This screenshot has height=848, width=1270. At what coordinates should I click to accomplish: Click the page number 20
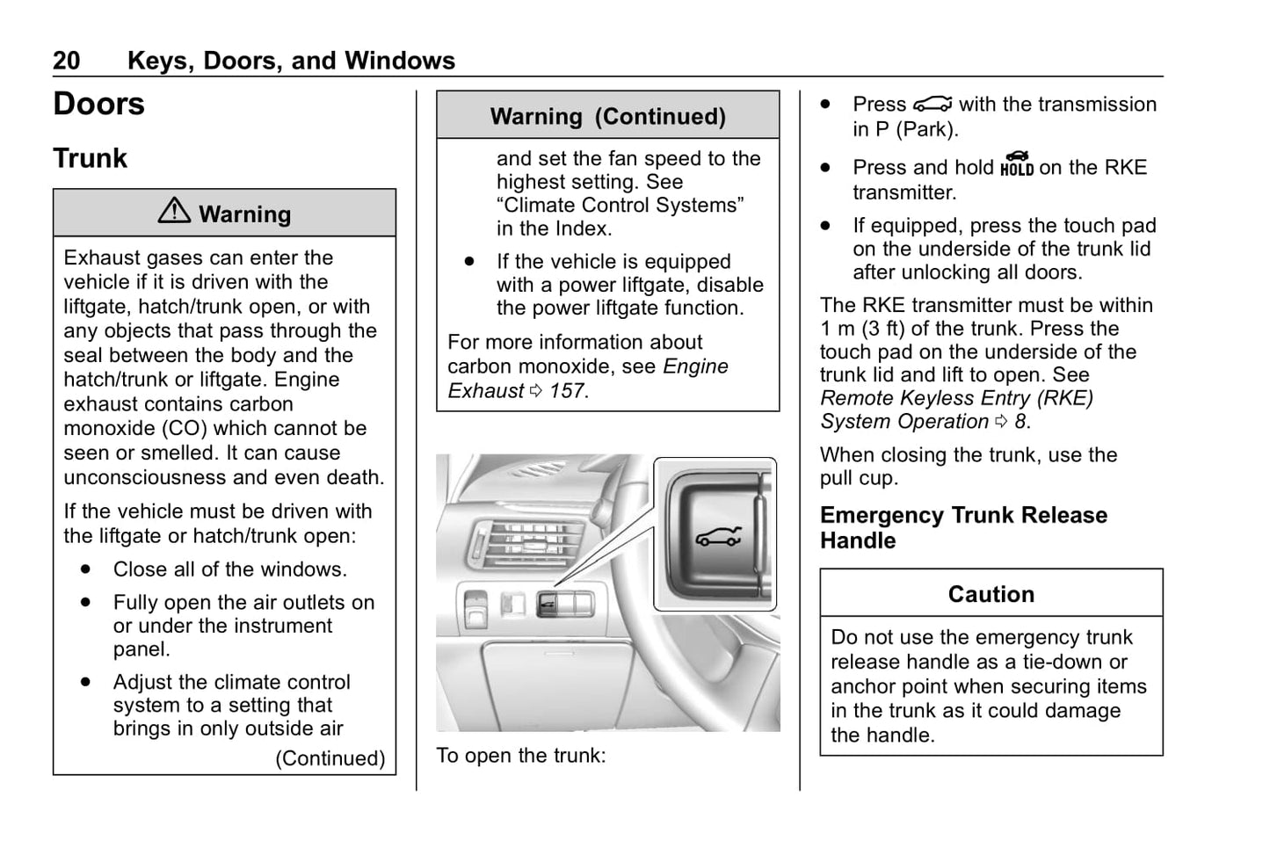click(x=66, y=61)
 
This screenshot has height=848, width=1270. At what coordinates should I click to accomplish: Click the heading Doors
click(x=98, y=104)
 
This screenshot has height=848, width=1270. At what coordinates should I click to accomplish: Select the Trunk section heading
click(x=90, y=158)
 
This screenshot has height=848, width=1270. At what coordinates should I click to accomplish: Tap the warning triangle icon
click(x=174, y=211)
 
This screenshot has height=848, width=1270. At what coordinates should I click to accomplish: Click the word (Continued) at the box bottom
click(x=330, y=758)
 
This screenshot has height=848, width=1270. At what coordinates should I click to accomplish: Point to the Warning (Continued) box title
click(x=607, y=116)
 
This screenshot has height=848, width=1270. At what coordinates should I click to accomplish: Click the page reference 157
click(x=567, y=391)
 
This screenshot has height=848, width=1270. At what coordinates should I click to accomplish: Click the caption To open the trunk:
click(x=521, y=756)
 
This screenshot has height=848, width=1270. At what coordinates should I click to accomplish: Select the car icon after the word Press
click(x=932, y=105)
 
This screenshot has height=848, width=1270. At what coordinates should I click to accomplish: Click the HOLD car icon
click(x=1017, y=164)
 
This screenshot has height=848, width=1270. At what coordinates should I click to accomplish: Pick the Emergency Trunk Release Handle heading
click(x=963, y=527)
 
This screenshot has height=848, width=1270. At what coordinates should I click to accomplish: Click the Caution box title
click(x=991, y=594)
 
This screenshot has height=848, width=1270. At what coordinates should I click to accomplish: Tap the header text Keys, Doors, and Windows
click(x=291, y=61)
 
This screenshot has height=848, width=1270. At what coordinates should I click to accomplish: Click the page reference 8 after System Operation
click(x=1020, y=422)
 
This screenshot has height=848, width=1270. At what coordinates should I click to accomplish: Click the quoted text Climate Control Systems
click(x=620, y=206)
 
